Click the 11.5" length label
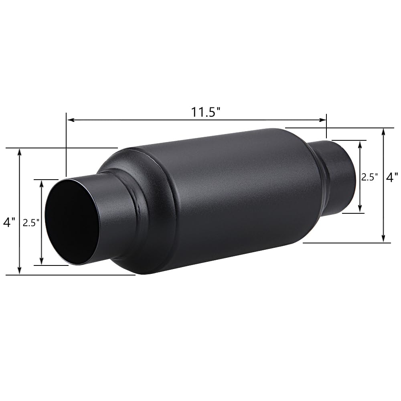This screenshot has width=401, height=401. coord(206,112)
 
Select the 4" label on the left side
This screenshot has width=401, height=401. coord(9,221)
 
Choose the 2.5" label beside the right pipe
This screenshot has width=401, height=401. coord(369,177)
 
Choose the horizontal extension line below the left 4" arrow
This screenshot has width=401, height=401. coord(72,275)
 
